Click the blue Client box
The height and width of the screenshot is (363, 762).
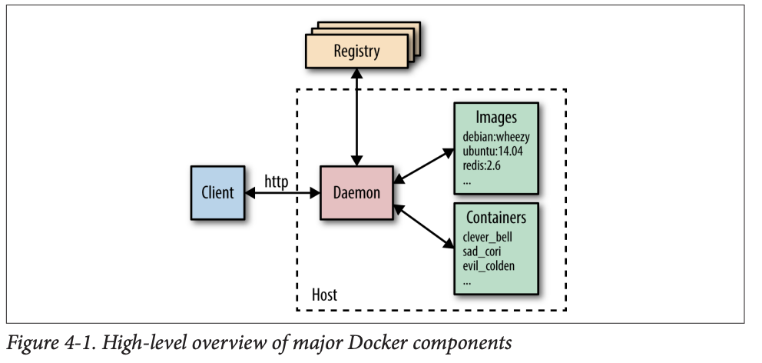coord(217,192)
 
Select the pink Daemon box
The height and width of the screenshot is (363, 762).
coord(356,192)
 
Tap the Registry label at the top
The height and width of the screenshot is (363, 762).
coord(356,52)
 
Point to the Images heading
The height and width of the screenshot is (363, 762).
coord(496,118)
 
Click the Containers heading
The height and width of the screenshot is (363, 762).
coord(496,218)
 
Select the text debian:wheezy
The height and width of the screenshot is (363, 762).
coord(496,137)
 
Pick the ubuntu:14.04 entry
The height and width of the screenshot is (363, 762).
coord(492,152)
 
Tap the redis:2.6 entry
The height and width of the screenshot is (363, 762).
coord(482,165)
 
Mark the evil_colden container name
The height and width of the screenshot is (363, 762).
coord(489,266)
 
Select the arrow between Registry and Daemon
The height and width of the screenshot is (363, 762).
coord(356,115)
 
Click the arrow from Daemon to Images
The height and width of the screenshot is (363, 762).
coord(424,166)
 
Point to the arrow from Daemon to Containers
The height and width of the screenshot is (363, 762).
coord(424,226)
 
